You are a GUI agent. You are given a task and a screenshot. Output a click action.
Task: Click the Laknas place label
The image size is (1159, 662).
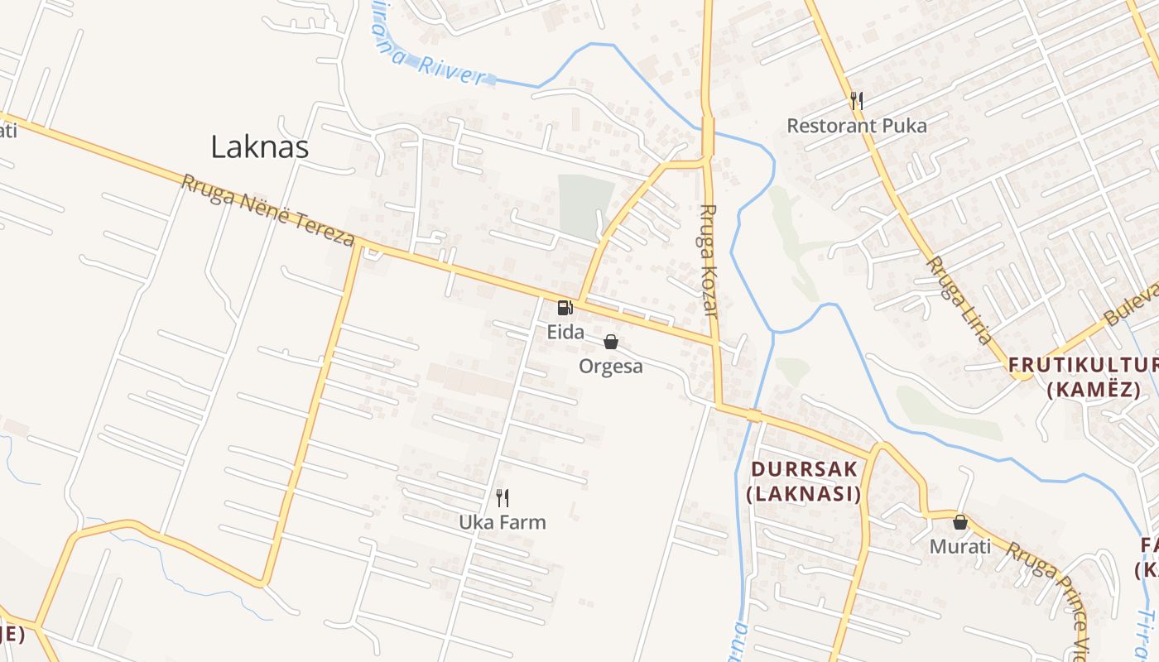[259, 147]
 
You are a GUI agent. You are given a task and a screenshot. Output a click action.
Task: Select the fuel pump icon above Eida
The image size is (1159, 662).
[565, 308]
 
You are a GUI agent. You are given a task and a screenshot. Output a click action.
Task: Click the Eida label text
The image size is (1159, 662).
[565, 333]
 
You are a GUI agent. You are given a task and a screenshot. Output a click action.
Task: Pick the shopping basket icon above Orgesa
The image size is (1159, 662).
[611, 342]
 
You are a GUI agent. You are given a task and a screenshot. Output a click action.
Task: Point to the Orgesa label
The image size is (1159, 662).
[611, 367]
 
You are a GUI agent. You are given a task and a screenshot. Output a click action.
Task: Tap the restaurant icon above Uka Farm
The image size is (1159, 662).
[502, 497]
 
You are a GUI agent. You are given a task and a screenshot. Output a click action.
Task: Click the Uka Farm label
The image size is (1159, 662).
[503, 523]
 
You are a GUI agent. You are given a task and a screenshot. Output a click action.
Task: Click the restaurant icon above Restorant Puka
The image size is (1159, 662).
[857, 101]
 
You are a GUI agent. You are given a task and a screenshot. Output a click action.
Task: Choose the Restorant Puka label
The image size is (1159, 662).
[857, 126]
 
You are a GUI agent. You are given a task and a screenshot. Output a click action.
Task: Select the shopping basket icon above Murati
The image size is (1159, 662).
[960, 522]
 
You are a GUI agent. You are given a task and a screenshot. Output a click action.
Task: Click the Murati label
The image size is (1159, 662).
[960, 547]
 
